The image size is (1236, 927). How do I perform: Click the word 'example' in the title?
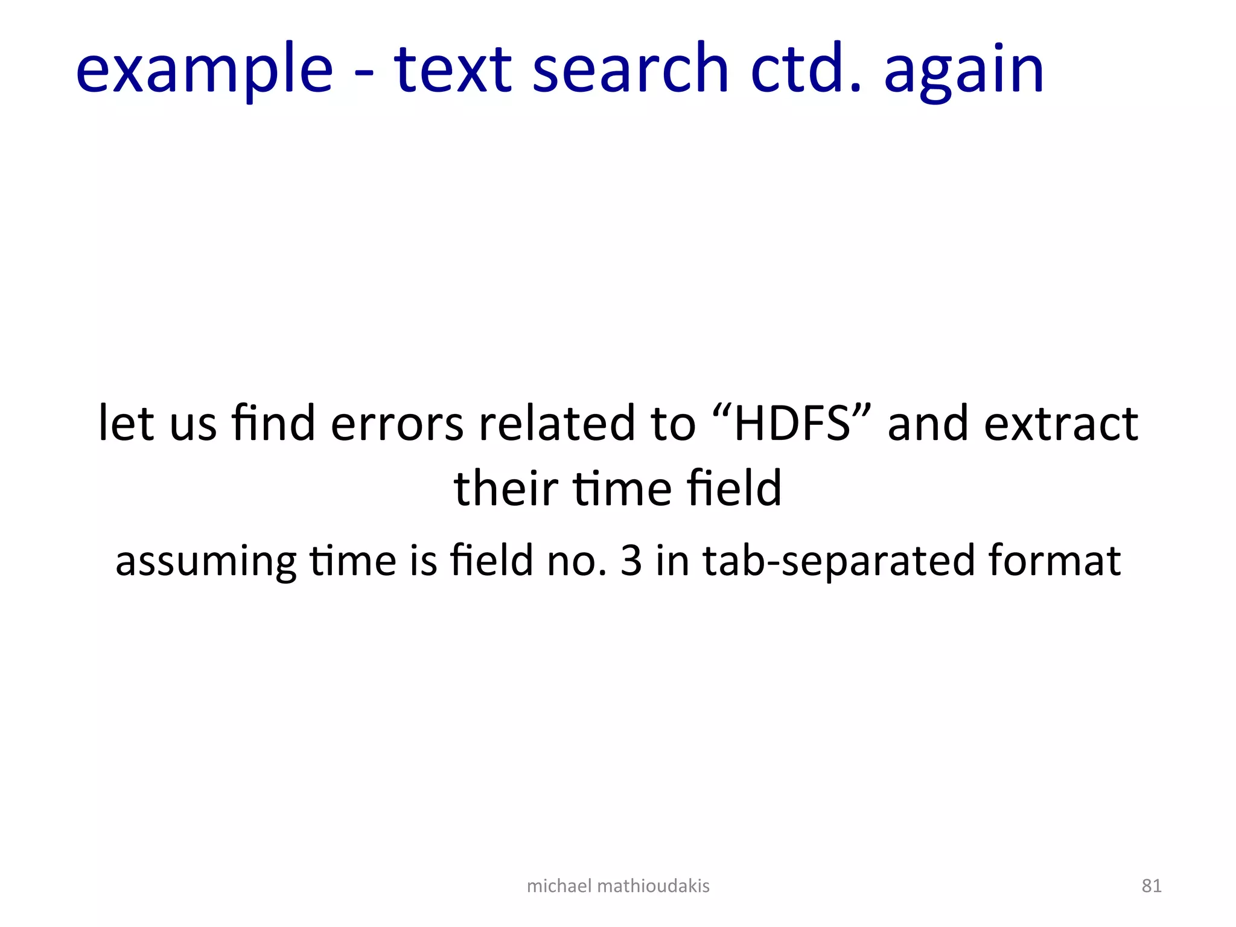204,69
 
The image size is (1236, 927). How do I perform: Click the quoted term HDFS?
792,423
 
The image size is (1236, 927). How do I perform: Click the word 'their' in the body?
505,488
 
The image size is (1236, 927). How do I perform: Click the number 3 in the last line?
631,560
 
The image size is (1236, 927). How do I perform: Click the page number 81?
1152,886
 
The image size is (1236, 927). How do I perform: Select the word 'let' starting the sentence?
126,423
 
